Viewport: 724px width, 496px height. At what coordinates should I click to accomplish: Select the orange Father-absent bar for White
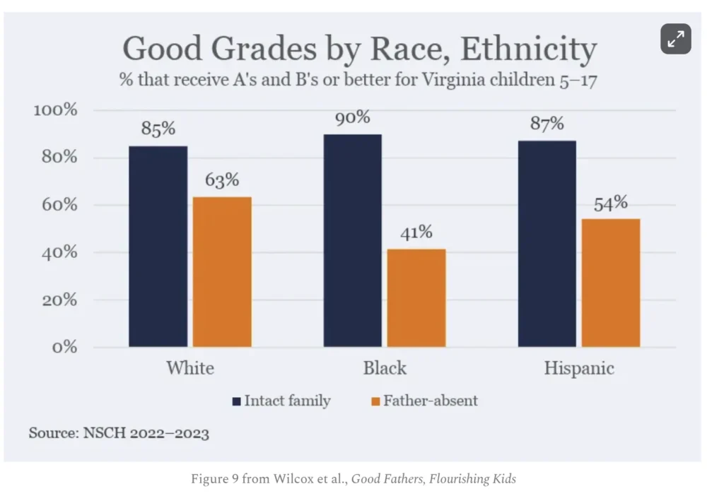point(222,271)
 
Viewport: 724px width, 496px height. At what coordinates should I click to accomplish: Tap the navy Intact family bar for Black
point(352,240)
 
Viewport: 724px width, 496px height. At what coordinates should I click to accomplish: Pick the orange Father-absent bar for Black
point(416,297)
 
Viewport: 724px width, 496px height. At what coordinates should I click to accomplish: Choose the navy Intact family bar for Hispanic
point(547,244)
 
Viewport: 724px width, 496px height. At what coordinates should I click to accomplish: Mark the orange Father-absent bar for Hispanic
point(611,283)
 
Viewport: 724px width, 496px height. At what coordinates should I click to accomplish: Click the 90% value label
point(353,117)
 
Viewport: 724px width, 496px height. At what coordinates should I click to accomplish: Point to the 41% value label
point(416,232)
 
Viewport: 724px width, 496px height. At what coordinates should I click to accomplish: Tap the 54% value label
point(611,203)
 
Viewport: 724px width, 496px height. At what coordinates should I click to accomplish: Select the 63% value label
point(222,181)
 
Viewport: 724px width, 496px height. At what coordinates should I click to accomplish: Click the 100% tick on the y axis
point(55,110)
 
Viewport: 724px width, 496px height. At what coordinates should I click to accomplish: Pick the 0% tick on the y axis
point(63,347)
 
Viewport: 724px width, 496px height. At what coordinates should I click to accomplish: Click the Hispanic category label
point(579,368)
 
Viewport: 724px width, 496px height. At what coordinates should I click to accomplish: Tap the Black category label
point(385,368)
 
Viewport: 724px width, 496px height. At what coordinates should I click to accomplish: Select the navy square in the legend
point(236,401)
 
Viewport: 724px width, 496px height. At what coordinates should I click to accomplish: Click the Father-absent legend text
point(431,401)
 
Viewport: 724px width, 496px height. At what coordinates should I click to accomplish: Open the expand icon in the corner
point(676,40)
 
